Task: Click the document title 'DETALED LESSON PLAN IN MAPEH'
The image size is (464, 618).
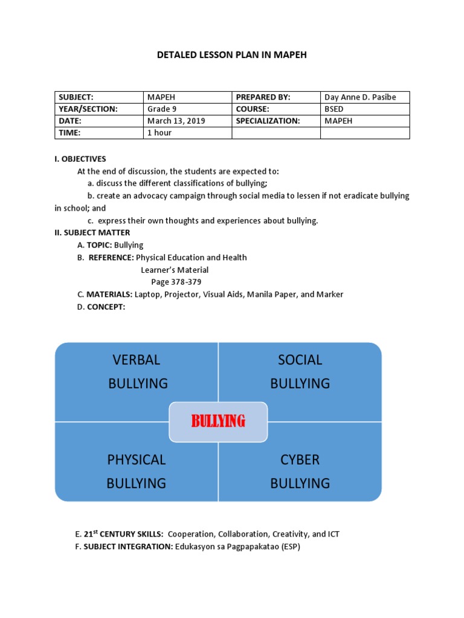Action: (x=232, y=56)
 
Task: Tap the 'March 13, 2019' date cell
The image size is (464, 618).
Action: (x=176, y=121)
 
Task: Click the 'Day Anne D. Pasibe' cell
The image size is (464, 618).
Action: (x=360, y=97)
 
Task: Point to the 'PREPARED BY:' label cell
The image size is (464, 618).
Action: (x=263, y=97)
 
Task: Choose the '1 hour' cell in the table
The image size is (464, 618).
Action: (x=159, y=133)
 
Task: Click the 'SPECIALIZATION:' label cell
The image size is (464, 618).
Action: (x=268, y=121)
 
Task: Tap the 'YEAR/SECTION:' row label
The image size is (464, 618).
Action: (x=88, y=109)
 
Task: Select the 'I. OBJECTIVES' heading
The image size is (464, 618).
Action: (x=80, y=159)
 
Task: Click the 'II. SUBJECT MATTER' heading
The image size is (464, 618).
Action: (x=92, y=232)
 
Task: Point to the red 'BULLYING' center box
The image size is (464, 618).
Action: (x=218, y=421)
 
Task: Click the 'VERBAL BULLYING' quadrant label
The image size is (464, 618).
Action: (x=137, y=371)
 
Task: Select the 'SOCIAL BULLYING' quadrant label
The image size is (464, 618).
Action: (x=300, y=371)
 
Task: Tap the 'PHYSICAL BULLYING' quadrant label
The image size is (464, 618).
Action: (x=137, y=471)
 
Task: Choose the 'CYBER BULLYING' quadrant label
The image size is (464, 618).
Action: (x=300, y=471)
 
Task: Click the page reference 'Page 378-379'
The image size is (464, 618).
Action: (x=176, y=282)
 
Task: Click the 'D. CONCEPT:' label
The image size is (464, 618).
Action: (x=101, y=307)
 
